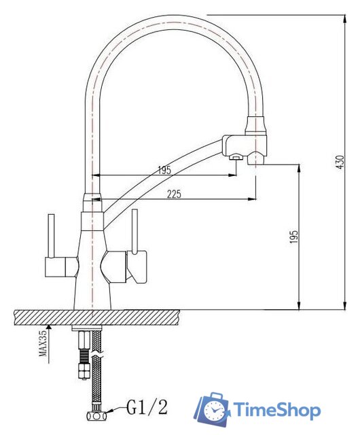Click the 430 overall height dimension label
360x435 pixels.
(340, 162)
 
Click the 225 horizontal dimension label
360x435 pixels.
(174, 194)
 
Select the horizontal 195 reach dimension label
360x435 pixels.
(164, 170)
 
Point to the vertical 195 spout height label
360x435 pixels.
(293, 237)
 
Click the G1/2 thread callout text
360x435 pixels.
(147, 408)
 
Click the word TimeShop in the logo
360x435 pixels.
(276, 410)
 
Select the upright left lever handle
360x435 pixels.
(51, 236)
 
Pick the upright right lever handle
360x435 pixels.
(134, 231)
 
